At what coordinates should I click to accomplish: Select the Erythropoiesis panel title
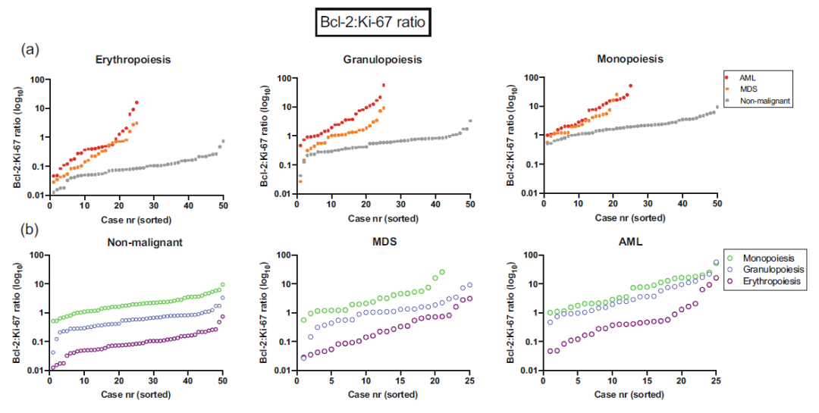(x=133, y=59)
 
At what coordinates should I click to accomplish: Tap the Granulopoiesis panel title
(x=382, y=59)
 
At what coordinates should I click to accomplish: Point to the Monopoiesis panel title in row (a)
(x=630, y=59)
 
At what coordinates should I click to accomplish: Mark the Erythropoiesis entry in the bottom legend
(x=770, y=282)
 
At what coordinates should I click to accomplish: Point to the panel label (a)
(x=30, y=50)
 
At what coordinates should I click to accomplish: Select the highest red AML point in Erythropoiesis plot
(x=136, y=102)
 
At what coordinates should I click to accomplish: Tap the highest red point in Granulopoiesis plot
(x=384, y=85)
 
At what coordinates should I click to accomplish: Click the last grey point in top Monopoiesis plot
(x=717, y=107)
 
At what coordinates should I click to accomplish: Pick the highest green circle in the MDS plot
(x=442, y=271)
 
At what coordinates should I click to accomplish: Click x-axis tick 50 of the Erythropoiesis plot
(x=223, y=204)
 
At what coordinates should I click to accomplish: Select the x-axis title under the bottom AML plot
(x=630, y=394)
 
